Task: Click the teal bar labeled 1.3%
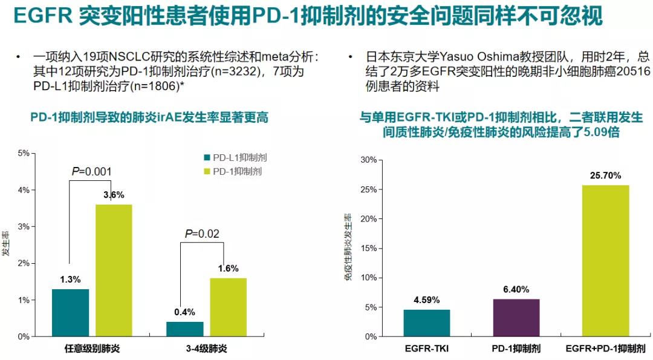(71, 313)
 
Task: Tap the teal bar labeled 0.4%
(185, 329)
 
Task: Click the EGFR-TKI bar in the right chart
(427, 323)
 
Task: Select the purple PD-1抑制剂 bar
(516, 318)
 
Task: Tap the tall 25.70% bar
(605, 261)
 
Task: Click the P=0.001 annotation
(91, 172)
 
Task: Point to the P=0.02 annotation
(201, 234)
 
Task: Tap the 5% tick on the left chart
(24, 153)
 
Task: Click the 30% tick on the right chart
(368, 160)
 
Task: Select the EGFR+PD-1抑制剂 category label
(605, 349)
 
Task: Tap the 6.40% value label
(516, 289)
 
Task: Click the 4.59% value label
(427, 300)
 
